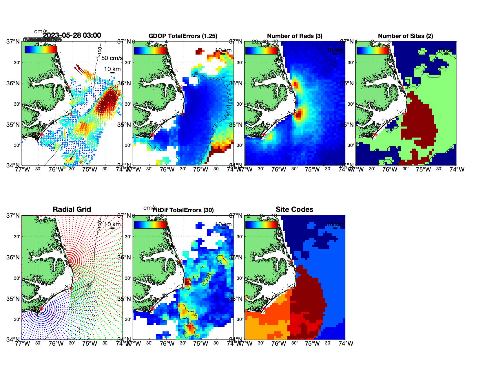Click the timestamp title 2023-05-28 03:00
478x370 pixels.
coord(72,35)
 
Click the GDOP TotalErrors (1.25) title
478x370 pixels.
coord(183,36)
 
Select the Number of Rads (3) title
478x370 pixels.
coord(295,36)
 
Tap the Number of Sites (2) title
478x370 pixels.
coord(405,36)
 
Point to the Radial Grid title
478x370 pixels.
coord(72,210)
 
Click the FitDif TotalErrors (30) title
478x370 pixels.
coord(183,210)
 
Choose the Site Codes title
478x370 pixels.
coord(294,210)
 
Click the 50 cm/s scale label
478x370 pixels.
coord(112,58)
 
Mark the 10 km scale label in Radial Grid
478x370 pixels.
coord(112,224)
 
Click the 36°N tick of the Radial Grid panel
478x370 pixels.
coord(13,257)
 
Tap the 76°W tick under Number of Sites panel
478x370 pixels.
coord(390,169)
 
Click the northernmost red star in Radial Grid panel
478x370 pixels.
coord(69,261)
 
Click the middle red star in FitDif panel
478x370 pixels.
coord(182,288)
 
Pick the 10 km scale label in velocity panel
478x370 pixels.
coord(112,69)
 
